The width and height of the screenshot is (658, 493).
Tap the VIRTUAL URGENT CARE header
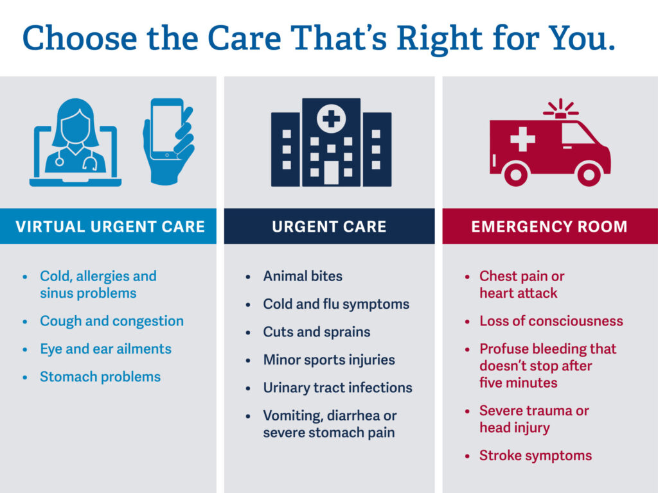tap(110, 227)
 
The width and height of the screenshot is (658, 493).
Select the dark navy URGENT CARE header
tap(329, 227)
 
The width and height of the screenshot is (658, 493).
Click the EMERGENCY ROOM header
tap(549, 227)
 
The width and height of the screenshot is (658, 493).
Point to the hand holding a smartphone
tap(168, 141)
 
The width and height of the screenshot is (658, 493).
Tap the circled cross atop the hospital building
tap(330, 119)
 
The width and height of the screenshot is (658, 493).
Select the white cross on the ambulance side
tap(522, 139)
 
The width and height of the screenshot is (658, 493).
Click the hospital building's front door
tap(330, 172)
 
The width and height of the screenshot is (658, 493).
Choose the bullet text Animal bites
tap(303, 277)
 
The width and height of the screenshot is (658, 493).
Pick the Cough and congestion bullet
tap(111, 321)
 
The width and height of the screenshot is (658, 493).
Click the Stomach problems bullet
tap(100, 377)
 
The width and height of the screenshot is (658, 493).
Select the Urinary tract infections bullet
tap(337, 388)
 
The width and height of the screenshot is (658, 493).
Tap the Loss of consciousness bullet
tap(551, 321)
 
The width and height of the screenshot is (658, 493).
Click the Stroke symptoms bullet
tap(535, 456)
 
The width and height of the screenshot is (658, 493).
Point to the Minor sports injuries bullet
tap(328, 360)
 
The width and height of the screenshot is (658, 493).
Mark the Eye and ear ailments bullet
tap(105, 349)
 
